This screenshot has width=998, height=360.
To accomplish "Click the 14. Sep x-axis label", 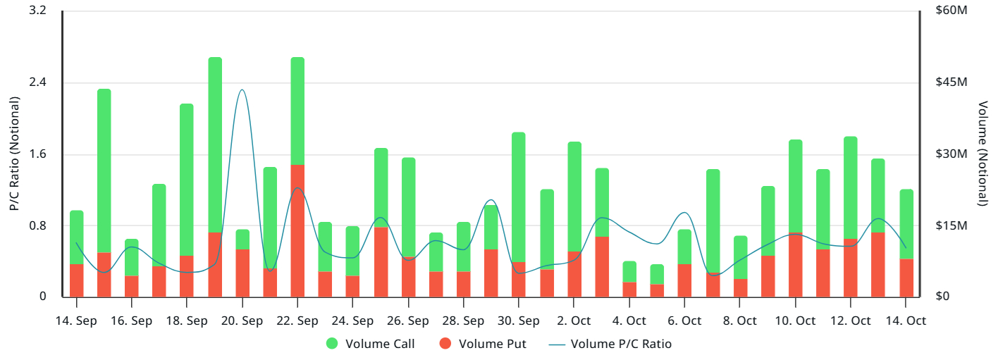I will tap(76, 321).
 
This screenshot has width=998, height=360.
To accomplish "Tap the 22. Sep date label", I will tap(297, 321).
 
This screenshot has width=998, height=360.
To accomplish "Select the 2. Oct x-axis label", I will tap(574, 321).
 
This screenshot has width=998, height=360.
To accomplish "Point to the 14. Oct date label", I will tap(906, 321).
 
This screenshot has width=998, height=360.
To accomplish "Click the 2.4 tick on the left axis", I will tap(37, 82).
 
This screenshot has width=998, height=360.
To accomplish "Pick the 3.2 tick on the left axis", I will tap(37, 11).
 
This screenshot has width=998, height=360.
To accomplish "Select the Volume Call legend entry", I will tap(370, 345).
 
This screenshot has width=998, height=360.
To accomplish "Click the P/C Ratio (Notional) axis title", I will tap(14, 154).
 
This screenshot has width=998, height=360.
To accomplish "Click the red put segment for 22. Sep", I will tap(297, 230).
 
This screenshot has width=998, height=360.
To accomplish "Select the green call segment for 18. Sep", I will tap(187, 180).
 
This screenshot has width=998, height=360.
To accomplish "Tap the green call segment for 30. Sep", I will tap(519, 197).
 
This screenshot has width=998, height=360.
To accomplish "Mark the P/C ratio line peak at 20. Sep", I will tap(242, 90).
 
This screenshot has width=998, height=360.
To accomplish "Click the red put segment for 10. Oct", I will tap(795, 264).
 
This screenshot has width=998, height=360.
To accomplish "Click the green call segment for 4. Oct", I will tap(629, 272).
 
